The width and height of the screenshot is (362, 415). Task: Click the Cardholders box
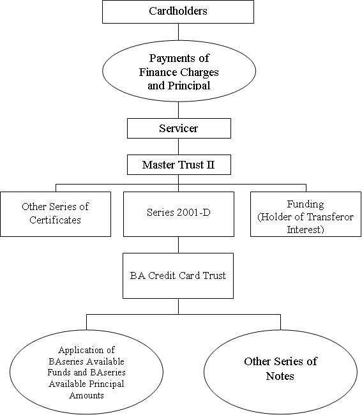pos(178,11)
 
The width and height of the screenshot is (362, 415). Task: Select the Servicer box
pos(179,128)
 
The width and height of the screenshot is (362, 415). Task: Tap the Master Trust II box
pos(179,165)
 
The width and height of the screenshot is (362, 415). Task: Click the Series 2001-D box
pos(179,214)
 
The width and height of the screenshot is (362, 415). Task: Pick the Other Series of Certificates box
pos(56,214)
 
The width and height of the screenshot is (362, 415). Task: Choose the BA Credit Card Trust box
pos(178,276)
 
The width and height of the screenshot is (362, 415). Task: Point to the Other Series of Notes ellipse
pos(280,372)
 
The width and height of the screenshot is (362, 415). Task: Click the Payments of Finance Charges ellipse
pos(179,71)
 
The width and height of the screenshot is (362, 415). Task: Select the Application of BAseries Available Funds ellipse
pos(87,372)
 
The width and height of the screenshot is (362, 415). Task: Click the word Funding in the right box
pos(305,204)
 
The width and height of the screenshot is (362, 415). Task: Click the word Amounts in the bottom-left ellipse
pos(87,395)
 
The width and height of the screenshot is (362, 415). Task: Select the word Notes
pos(280,376)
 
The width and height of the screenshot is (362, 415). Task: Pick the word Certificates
pos(55,220)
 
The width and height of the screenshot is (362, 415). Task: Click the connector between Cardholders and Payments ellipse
pos(178,32)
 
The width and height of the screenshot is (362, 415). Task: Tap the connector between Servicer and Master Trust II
pos(178,146)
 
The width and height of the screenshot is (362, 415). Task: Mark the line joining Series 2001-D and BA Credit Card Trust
pos(178,245)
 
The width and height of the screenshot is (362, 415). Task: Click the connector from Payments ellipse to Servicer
pos(178,110)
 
